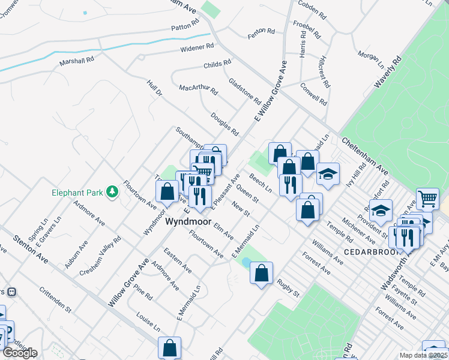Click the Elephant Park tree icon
111,192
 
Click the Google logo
20,352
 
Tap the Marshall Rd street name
77,61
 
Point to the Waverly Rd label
387,73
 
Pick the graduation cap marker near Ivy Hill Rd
327,173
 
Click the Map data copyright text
424,355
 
